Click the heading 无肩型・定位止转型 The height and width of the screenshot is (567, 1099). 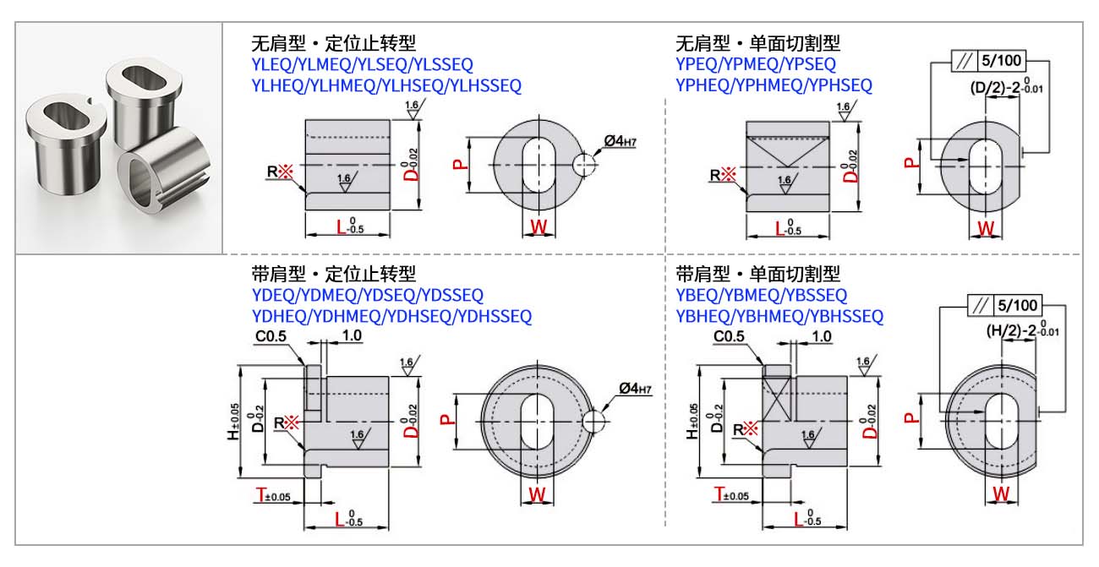[x=334, y=42]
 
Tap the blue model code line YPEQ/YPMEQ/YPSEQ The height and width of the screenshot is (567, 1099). [x=756, y=64]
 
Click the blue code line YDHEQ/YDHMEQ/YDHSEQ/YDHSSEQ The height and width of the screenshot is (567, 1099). [x=392, y=316]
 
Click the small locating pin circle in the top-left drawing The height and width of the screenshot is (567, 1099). [x=584, y=164]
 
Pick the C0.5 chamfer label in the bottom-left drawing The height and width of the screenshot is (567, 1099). [x=271, y=335]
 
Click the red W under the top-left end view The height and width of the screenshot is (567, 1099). [x=538, y=226]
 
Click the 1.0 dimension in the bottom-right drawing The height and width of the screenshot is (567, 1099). [x=821, y=336]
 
